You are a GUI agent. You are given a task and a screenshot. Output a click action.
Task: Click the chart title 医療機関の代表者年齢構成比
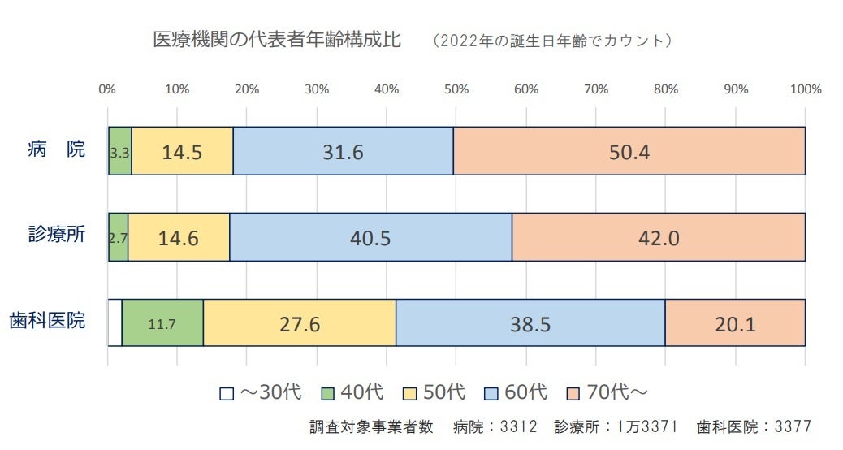click(277, 40)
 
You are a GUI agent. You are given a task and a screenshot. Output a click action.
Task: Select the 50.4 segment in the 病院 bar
click(629, 151)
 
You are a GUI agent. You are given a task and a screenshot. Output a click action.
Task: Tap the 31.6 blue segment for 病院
click(343, 151)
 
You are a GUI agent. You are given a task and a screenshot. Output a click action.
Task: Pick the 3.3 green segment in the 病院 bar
click(120, 151)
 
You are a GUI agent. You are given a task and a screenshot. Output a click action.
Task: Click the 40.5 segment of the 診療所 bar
click(370, 237)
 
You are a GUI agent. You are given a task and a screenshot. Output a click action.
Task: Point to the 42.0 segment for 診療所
click(658, 237)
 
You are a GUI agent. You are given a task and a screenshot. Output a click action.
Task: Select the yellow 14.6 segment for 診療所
click(179, 237)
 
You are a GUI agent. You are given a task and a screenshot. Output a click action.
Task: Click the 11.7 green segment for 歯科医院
click(162, 323)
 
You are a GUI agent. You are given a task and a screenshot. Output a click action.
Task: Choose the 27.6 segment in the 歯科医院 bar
click(300, 323)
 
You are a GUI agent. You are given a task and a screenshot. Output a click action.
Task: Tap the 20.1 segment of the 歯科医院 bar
click(735, 323)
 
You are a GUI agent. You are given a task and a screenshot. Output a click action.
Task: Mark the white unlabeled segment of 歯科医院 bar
click(115, 323)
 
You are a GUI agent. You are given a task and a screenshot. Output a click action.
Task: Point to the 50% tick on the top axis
click(456, 89)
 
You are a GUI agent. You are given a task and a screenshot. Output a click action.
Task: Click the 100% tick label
click(806, 89)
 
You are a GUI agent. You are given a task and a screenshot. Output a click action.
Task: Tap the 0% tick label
click(106, 89)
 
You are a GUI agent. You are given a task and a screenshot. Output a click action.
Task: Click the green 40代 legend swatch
click(331, 394)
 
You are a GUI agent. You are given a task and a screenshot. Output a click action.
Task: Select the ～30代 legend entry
click(262, 393)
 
